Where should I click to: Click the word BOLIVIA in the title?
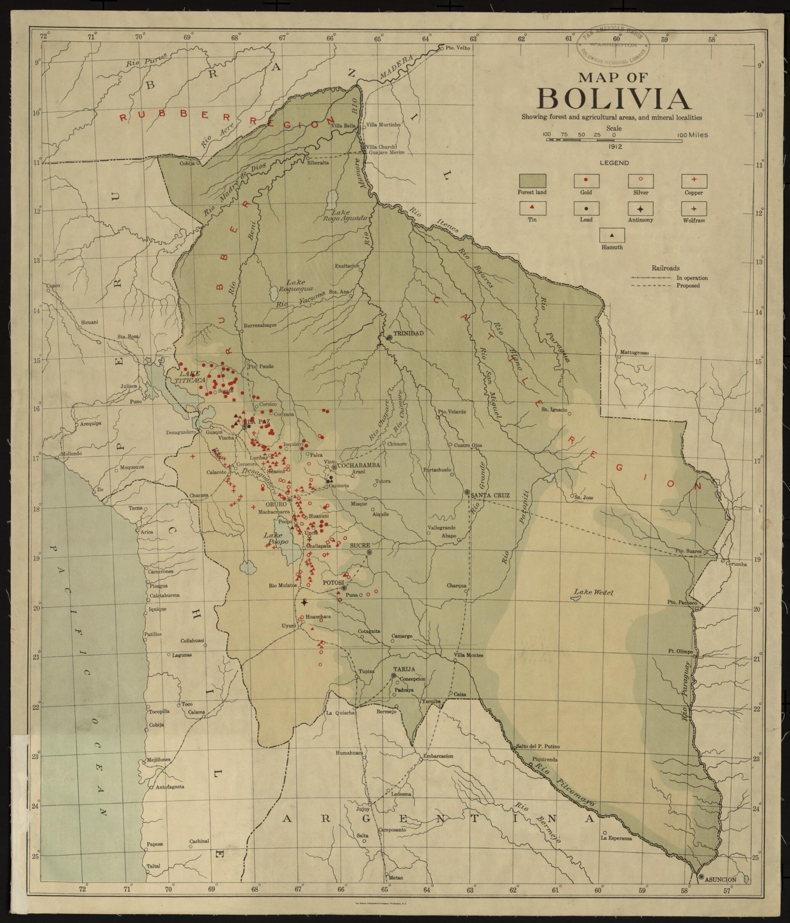point(614,99)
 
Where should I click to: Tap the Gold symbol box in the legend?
point(586,181)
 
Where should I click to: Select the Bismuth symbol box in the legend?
point(612,235)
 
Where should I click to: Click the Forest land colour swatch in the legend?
point(532,181)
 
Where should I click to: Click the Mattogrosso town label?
point(634,353)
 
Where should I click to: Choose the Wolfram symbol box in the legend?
point(694,208)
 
